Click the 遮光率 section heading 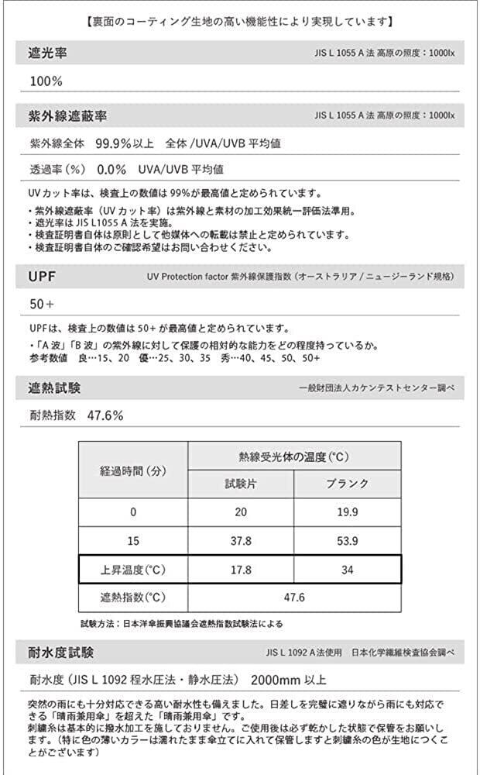(x=46, y=55)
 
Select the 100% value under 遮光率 (x=46, y=81)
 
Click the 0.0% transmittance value (x=111, y=168)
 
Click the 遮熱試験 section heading (x=54, y=387)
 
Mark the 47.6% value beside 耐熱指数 (x=105, y=415)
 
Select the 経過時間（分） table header (x=133, y=470)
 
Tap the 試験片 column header (x=240, y=484)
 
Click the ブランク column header (x=348, y=484)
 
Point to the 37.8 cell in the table (x=240, y=541)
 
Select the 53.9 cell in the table (x=348, y=541)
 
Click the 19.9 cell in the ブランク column (x=348, y=512)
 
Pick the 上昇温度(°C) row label (x=133, y=569)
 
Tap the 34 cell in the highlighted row (x=348, y=569)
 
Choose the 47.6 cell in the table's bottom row (x=294, y=598)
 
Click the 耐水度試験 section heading (x=61, y=652)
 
